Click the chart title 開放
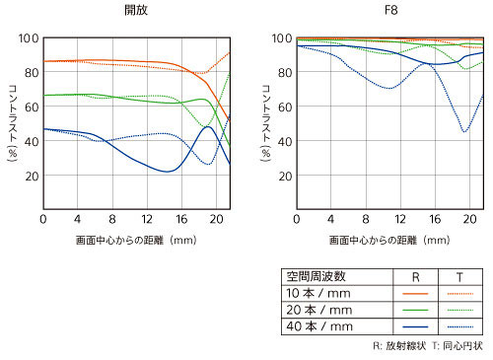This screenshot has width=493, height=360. [136, 10]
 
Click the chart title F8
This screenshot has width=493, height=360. [390, 10]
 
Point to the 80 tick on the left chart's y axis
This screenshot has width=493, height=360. [32, 72]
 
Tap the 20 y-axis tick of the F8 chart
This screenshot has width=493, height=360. [285, 177]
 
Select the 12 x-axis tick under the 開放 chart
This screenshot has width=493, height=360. [147, 219]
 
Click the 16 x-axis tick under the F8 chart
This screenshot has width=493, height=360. [435, 219]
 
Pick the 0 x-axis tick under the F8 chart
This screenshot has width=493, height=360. [297, 219]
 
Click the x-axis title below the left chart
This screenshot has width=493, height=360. [136, 240]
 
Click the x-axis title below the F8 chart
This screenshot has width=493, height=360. [389, 240]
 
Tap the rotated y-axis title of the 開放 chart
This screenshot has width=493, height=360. [13, 123]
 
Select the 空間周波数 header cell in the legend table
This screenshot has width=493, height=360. [316, 276]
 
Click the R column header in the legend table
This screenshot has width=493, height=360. [416, 277]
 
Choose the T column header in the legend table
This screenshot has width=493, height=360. [459, 277]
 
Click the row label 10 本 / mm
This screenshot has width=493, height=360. [318, 293]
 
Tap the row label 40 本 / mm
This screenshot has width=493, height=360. [319, 326]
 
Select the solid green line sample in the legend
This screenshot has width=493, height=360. [415, 310]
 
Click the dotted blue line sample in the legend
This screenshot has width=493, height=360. [460, 326]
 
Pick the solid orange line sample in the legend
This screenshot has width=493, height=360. [415, 294]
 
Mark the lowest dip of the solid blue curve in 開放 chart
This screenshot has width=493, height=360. [167, 172]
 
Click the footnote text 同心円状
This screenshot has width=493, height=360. [462, 346]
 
